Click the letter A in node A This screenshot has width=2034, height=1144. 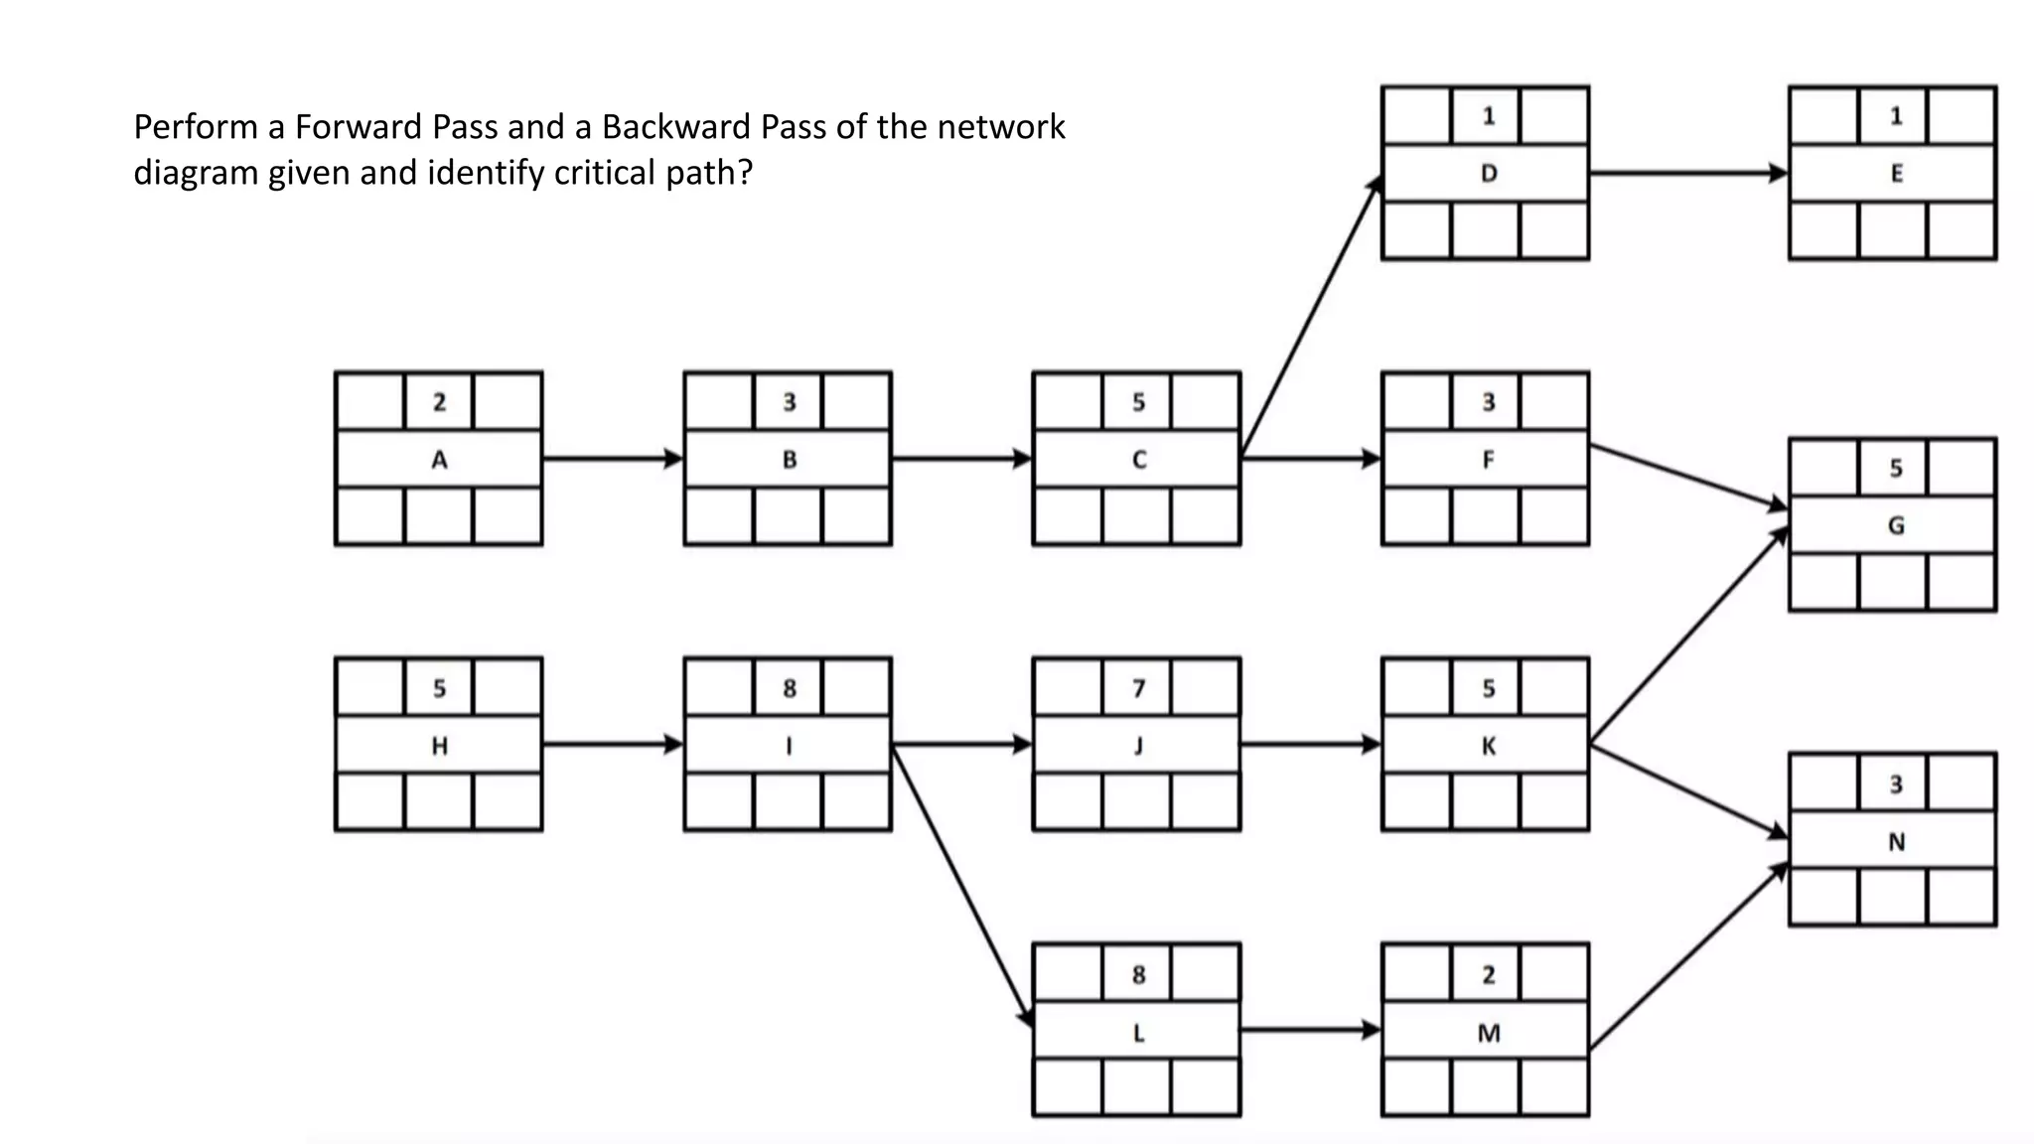pos(439,460)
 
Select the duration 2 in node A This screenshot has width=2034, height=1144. pos(439,402)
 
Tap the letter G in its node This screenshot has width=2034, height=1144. pos(1896,525)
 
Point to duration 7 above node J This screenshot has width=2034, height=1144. pos(1138,688)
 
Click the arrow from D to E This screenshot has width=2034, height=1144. pos(1688,173)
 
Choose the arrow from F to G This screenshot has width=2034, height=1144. pos(1688,478)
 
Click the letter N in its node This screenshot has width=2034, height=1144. pos(1896,842)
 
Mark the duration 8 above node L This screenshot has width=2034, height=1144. pos(1138,974)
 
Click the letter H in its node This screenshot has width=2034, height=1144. pos(439,746)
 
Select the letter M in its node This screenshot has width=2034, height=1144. pos(1488,1033)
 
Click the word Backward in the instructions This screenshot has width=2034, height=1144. pos(675,127)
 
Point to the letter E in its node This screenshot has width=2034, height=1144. pos(1896,174)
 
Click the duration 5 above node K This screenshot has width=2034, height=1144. pos(1488,688)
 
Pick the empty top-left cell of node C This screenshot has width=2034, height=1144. pos(1068,402)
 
